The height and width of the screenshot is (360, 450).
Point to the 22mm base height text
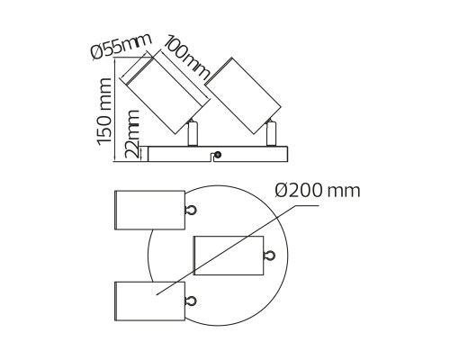(132, 136)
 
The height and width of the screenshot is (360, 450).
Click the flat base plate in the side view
(216, 155)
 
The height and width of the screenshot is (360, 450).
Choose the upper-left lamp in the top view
(148, 210)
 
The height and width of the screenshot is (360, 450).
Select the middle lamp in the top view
(227, 255)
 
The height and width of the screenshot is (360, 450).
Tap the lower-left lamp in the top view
(148, 300)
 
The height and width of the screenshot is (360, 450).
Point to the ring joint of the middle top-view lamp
(268, 256)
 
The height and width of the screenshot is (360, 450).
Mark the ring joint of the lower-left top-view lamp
(190, 301)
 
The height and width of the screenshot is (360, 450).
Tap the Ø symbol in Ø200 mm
(281, 191)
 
